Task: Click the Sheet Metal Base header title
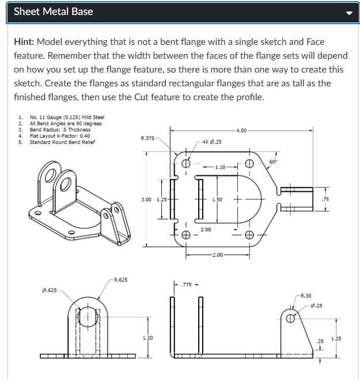click(x=53, y=12)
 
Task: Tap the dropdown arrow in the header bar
click(x=347, y=13)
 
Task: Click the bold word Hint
click(x=24, y=42)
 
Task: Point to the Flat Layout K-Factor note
click(x=60, y=136)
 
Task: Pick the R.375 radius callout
click(x=147, y=138)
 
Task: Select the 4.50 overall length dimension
click(x=242, y=131)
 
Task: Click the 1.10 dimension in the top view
click(x=219, y=167)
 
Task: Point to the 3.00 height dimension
click(x=146, y=199)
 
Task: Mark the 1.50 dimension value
click(x=217, y=199)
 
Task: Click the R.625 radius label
click(x=121, y=280)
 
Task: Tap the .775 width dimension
click(x=187, y=284)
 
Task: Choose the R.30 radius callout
click(x=305, y=295)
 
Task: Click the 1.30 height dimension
click(x=148, y=337)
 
